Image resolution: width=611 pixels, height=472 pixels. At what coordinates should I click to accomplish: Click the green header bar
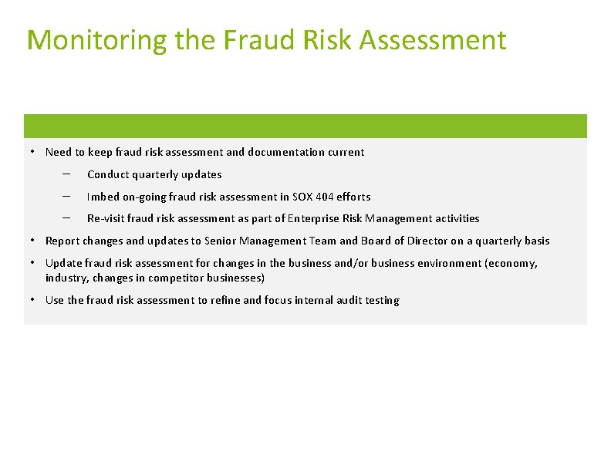(305, 126)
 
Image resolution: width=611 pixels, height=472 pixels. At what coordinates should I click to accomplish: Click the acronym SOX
(299, 197)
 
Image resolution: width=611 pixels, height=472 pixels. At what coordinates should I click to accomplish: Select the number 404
(324, 197)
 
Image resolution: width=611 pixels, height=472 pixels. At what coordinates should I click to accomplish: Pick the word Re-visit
(106, 219)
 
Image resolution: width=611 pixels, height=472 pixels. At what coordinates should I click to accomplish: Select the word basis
(535, 241)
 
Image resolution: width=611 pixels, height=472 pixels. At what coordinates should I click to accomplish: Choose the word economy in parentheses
(510, 264)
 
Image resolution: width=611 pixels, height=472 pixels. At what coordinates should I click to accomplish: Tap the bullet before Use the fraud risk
(35, 301)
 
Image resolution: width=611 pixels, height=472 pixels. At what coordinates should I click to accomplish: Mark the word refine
(224, 301)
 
